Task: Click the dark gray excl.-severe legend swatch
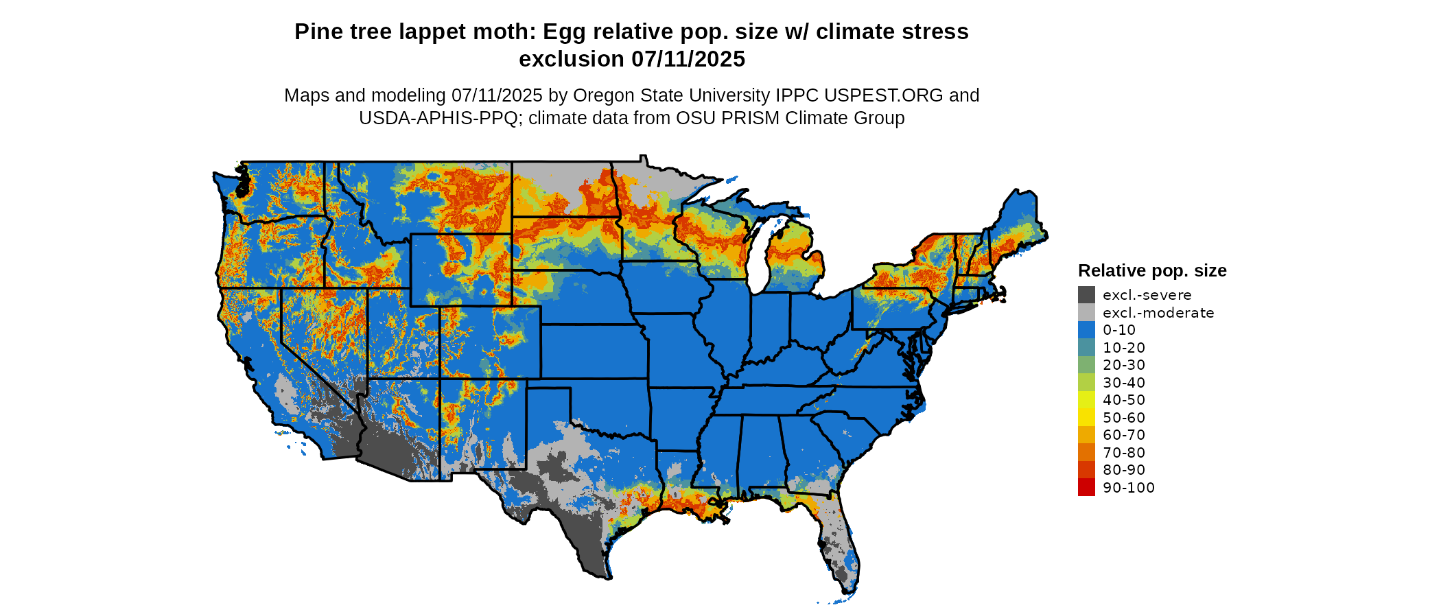tap(1086, 295)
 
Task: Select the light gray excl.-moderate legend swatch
tap(1086, 313)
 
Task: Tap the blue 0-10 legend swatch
tap(1086, 330)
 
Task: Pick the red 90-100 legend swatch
tap(1086, 488)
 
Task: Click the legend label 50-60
tap(1124, 418)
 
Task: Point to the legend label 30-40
tap(1124, 383)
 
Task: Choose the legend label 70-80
tap(1124, 453)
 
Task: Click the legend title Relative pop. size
tap(1152, 270)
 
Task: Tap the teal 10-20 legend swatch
tap(1086, 348)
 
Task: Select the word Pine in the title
tap(315, 32)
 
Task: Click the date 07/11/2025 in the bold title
tap(688, 59)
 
